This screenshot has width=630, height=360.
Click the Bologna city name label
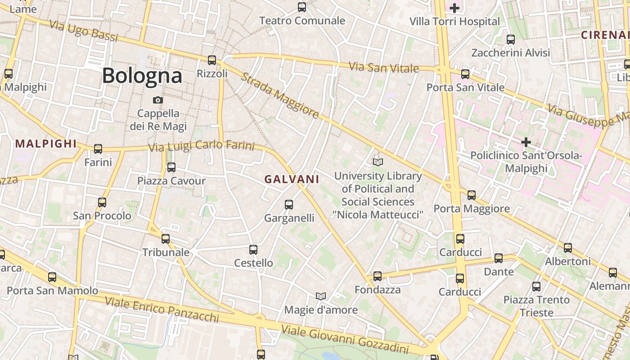click(142, 76)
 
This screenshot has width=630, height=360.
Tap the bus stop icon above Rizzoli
click(212, 60)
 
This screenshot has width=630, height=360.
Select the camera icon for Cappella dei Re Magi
click(158, 100)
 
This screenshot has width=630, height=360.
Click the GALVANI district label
click(292, 179)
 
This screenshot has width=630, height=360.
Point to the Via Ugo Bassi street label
click(84, 31)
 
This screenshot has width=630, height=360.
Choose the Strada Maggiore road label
click(280, 95)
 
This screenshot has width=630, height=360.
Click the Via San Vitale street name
click(384, 68)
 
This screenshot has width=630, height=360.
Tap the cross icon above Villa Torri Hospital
click(454, 8)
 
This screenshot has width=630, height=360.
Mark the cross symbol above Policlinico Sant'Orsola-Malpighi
click(526, 143)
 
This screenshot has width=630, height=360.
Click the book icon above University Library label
click(378, 162)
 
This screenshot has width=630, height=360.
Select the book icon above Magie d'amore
click(320, 296)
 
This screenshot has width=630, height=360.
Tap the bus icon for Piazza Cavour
click(171, 167)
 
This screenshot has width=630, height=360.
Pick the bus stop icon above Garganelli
click(289, 205)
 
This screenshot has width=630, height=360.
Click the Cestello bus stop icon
click(253, 249)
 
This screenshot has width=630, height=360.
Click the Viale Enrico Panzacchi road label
click(162, 309)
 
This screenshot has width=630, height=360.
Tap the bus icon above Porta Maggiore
click(471, 195)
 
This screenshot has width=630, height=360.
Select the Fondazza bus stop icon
click(378, 276)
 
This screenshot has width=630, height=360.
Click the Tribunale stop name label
click(166, 252)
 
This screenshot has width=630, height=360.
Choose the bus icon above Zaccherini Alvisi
click(510, 39)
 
